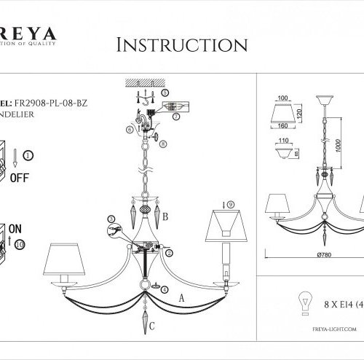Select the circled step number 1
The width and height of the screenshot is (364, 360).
click(28, 154)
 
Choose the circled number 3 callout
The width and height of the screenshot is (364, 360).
click(111, 219)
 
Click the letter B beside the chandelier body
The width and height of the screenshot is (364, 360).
click(165, 216)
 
